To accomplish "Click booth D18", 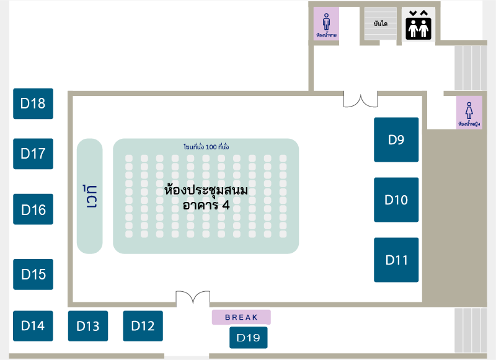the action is click(x=33, y=103).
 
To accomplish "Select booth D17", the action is click(x=33, y=154).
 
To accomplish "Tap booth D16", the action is click(x=33, y=209).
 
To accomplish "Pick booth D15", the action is click(x=33, y=274).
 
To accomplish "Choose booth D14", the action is click(x=33, y=326).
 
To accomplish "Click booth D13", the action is click(x=88, y=326).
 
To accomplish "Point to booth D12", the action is click(x=143, y=326).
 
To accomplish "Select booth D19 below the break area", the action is click(x=249, y=338).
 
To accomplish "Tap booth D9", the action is click(x=396, y=139).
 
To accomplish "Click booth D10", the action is click(x=396, y=200).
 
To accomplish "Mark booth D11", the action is click(x=396, y=260).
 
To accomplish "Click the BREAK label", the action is click(x=241, y=317).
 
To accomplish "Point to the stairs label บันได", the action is click(x=381, y=24).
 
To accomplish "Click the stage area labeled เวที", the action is click(x=90, y=196).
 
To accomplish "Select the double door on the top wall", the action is click(x=361, y=100).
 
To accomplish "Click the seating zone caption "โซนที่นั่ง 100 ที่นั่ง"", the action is click(x=206, y=147).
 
